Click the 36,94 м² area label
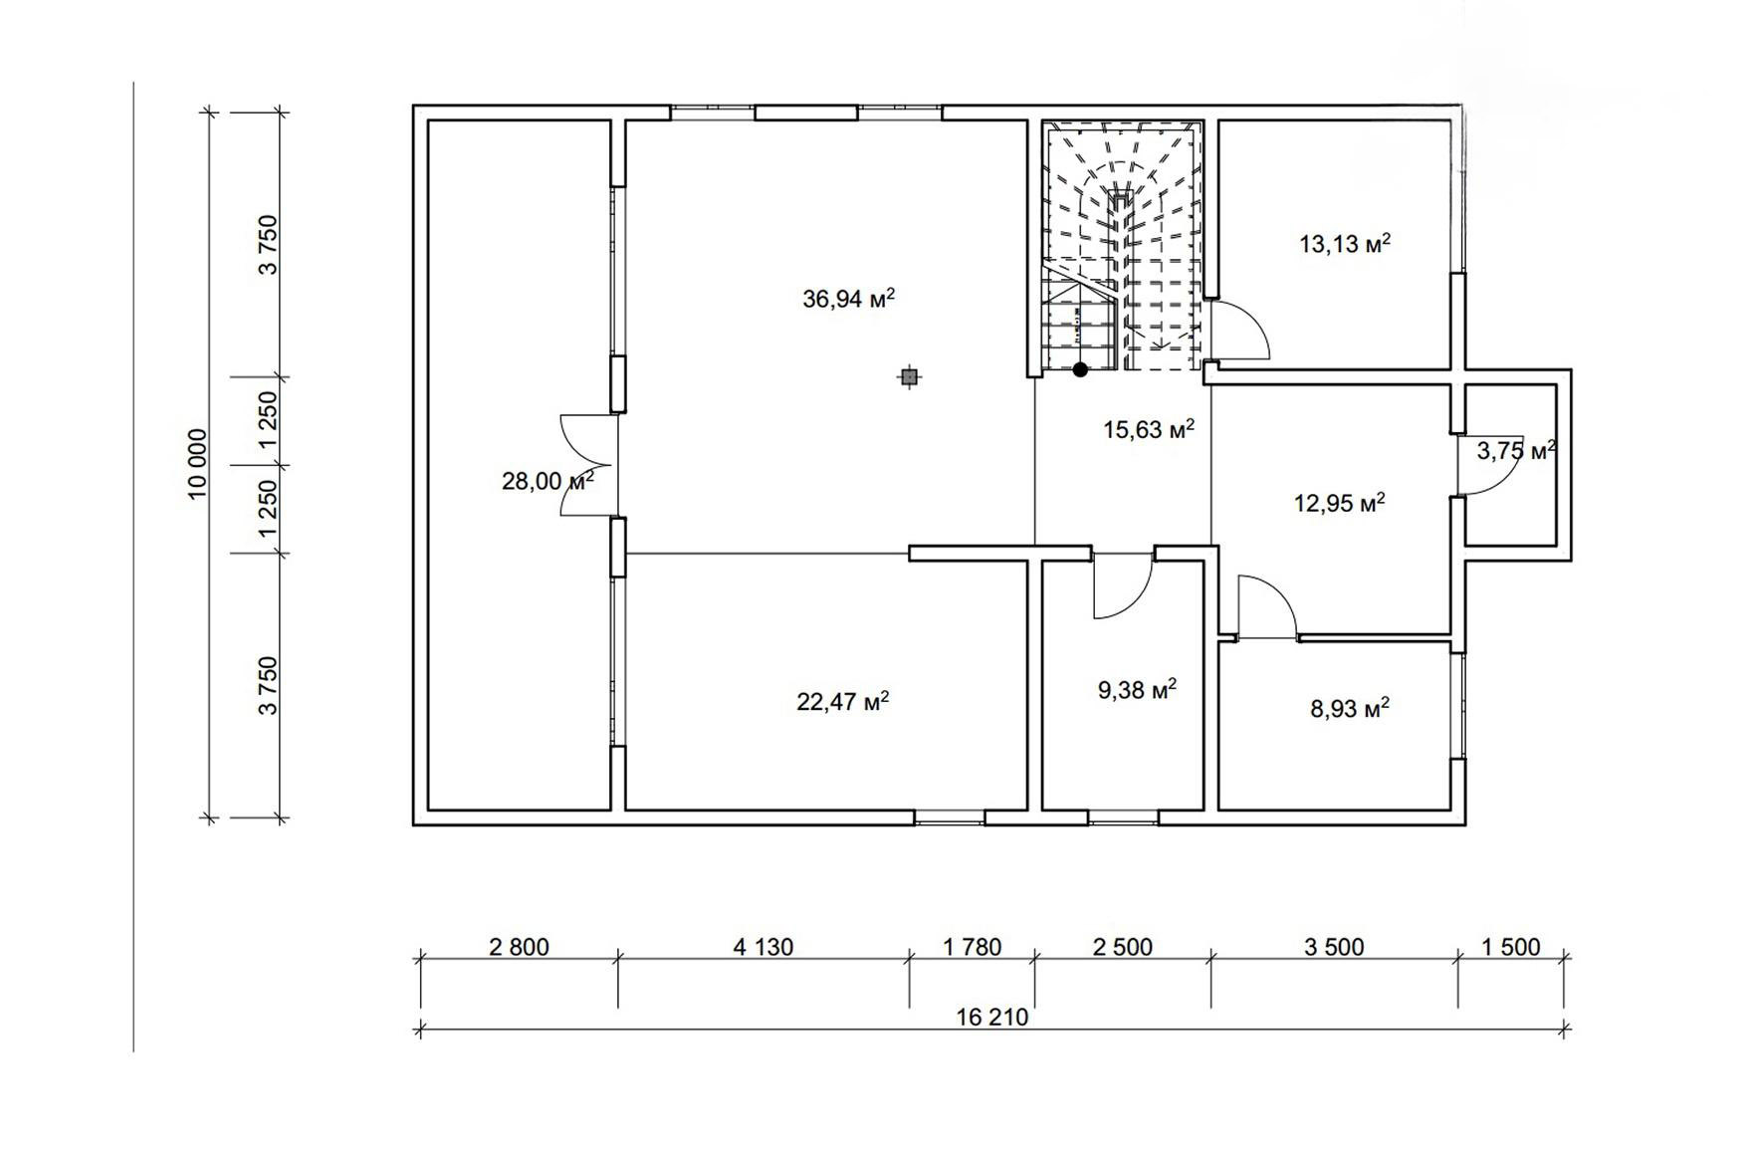click(x=848, y=298)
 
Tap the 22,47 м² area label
click(x=842, y=701)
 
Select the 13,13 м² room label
click(x=1345, y=243)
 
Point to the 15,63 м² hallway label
click(x=1149, y=429)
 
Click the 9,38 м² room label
click(x=1137, y=689)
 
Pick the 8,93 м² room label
click(x=1350, y=708)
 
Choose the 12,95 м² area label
click(x=1340, y=503)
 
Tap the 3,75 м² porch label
click(x=1516, y=451)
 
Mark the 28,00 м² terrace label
click(x=547, y=481)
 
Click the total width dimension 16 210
click(x=991, y=1018)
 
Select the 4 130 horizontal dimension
click(x=764, y=947)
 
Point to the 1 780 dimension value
click(x=972, y=947)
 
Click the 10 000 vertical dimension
click(x=197, y=464)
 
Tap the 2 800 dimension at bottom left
click(x=519, y=947)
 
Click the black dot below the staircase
click(x=1080, y=369)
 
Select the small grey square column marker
click(x=908, y=376)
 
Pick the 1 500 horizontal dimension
click(x=1510, y=947)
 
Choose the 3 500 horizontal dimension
click(x=1334, y=947)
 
